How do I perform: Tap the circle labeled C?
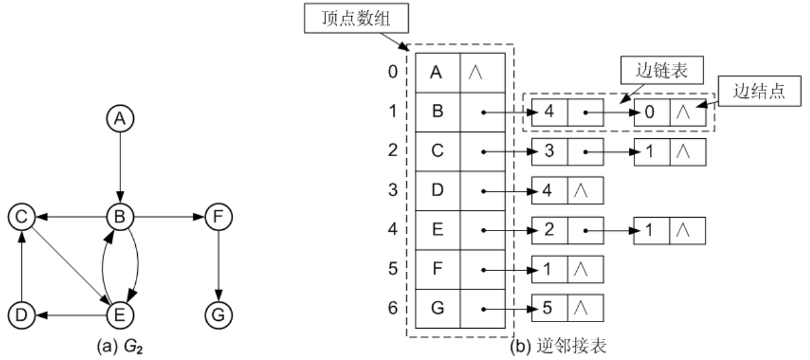21,218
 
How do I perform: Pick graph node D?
21,315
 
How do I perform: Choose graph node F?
219,218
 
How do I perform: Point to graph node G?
219,315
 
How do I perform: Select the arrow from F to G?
219,266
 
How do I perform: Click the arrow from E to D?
70,315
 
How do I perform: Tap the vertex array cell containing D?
437,191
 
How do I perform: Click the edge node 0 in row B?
651,112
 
